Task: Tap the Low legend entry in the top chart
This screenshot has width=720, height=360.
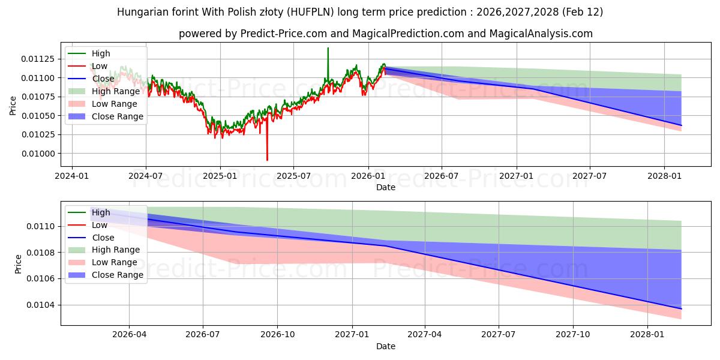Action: click(100, 66)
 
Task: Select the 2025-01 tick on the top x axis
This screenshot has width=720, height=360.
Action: click(220, 176)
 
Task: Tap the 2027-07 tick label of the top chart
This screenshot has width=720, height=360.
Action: click(590, 176)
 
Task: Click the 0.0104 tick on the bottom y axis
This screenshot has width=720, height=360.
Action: click(42, 305)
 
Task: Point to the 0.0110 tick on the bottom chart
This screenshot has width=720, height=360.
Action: click(42, 226)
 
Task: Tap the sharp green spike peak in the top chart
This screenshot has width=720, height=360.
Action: click(328, 48)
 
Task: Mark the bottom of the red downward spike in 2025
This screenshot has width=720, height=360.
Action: click(267, 160)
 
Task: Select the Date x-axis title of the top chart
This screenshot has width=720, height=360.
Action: click(385, 187)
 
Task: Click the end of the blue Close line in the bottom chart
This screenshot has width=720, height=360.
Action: click(681, 308)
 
